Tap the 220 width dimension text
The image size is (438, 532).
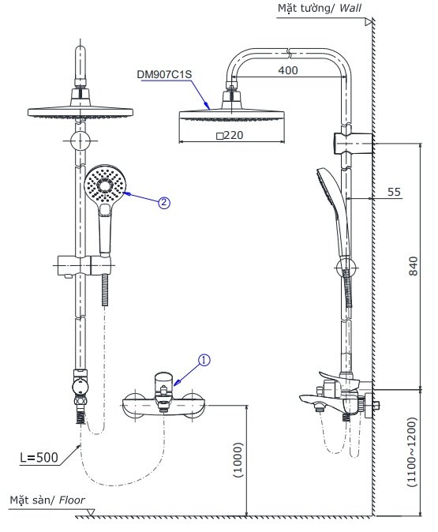pos(230,136)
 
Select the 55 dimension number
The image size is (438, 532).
pos(395,192)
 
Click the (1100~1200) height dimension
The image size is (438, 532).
pos(413,454)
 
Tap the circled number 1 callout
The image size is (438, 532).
pos(204,360)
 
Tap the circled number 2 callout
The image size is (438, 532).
pos(164,202)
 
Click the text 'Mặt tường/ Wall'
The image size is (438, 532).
pos(316,9)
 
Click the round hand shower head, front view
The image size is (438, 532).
pos(105,185)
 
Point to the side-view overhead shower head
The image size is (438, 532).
pos(230,115)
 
